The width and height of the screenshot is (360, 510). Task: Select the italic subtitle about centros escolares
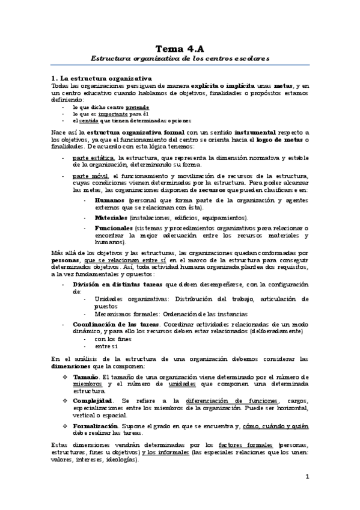point(180,59)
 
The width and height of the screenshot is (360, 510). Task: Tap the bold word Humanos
point(109,200)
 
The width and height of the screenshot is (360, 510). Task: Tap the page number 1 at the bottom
point(307,478)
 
